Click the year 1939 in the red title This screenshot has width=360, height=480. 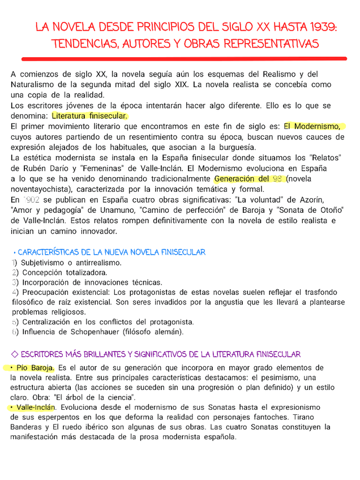coord(322,27)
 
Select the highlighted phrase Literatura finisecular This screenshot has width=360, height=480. coord(89,116)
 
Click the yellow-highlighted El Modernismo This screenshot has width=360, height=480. coord(314,126)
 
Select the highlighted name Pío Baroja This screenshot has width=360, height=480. coord(35,368)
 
